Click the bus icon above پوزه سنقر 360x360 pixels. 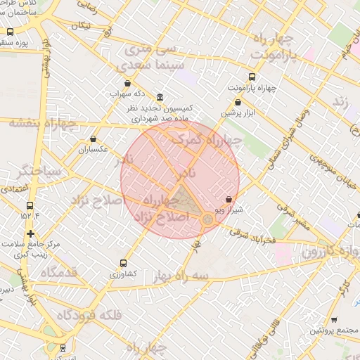pos(11,32)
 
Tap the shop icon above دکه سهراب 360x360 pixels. pos(127,83)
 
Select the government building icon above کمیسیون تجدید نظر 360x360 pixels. pos(160,97)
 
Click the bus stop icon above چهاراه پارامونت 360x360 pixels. pos(252,77)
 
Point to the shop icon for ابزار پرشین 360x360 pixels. pos(238,102)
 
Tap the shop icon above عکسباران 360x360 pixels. pos(93,139)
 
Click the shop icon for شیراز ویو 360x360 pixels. pos(229,200)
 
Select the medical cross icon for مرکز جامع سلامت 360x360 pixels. pos(30,233)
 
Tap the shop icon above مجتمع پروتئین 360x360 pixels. pos(333,319)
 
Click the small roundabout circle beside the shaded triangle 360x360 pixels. pos(208,220)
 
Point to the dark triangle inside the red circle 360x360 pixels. pos(184,200)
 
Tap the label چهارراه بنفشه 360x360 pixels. pos(32,124)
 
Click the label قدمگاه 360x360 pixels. pos(58,272)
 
